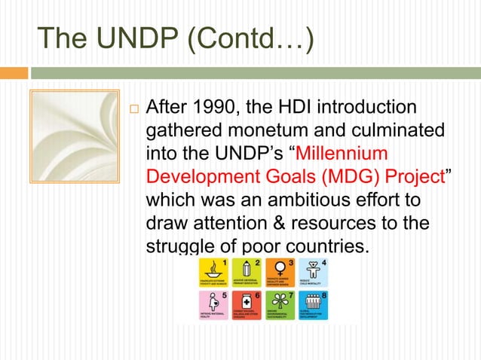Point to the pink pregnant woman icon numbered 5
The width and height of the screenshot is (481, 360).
213,305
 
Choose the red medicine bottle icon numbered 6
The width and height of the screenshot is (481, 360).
246,305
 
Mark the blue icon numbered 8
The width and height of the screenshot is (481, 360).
312,305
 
